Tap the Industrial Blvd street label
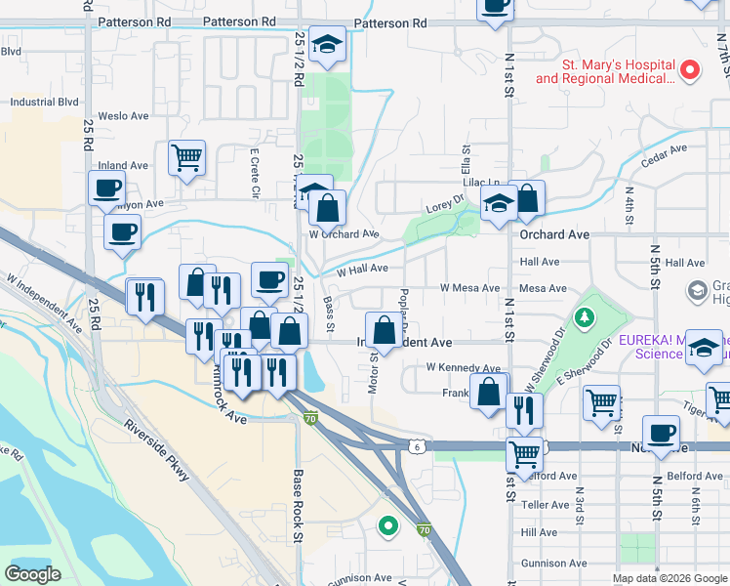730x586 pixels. pyautogui.click(x=44, y=101)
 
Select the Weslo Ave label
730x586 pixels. pyautogui.click(x=123, y=116)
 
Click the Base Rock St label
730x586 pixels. pyautogui.click(x=300, y=501)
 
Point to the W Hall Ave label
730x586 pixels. pyautogui.click(x=362, y=269)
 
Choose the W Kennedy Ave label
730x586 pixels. pyautogui.click(x=463, y=367)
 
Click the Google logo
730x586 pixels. pyautogui.click(x=33, y=574)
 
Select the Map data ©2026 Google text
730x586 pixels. pyautogui.click(x=669, y=578)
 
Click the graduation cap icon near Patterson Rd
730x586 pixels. pyautogui.click(x=328, y=44)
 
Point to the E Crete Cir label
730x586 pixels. pyautogui.click(x=253, y=173)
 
